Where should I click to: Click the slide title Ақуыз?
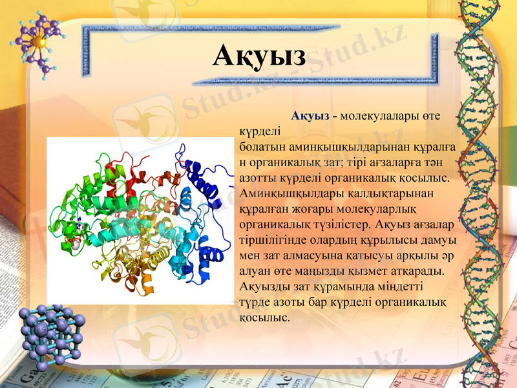pos(259,56)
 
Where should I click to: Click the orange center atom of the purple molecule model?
pos(40,41)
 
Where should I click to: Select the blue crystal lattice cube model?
pos(50,333)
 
